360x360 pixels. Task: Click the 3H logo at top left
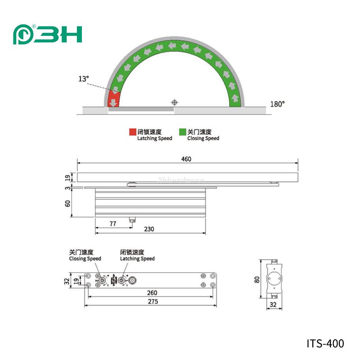[x=47, y=35]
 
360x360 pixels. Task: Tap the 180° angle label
[x=277, y=104]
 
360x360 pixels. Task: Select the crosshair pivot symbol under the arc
[x=175, y=102]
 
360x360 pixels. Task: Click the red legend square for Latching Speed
[x=132, y=132]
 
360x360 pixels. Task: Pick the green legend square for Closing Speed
[x=182, y=132]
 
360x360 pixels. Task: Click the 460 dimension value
[x=186, y=159]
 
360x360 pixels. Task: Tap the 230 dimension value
[x=149, y=229]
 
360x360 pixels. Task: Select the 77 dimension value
[x=112, y=223]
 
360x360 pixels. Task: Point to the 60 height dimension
[x=67, y=203]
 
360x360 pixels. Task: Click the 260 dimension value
[x=152, y=292]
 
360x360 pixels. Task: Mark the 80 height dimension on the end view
[x=257, y=279]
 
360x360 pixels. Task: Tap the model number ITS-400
[x=325, y=344]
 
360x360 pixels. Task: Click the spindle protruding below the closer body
[x=132, y=220]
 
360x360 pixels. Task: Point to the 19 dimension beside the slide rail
[x=67, y=179]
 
